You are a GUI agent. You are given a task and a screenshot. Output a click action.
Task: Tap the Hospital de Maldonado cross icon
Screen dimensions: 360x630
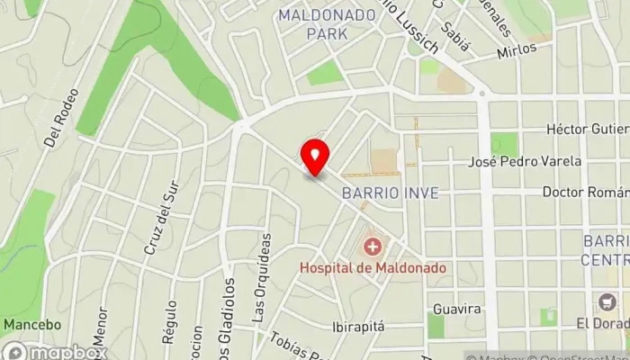pos(372,246)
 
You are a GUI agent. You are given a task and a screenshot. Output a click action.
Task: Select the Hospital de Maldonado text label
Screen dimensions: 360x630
pos(373,267)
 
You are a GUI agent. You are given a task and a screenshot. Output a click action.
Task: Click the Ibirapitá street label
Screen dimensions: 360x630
pos(358,326)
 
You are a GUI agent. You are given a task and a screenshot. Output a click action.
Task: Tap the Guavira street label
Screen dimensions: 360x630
pos(456,309)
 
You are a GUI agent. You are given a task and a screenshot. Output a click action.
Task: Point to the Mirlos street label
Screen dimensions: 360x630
pos(517,48)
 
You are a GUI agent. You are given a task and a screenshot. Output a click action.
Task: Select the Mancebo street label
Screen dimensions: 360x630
pos(32,324)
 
